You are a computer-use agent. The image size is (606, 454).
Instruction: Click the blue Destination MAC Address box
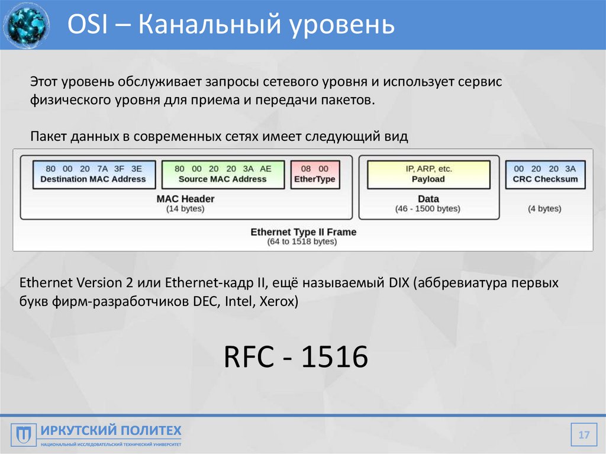click(x=93, y=174)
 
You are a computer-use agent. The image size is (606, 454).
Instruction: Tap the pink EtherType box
click(x=315, y=174)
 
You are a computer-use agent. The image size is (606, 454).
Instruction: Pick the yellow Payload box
click(x=428, y=174)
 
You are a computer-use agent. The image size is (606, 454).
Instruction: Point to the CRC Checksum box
click(x=545, y=174)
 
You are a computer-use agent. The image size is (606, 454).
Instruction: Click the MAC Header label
click(x=185, y=199)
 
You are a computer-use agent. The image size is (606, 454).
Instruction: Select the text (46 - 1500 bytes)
click(x=428, y=209)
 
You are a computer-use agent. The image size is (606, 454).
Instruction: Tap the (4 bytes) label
click(x=545, y=209)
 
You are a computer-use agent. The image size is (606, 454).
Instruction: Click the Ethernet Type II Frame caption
click(x=303, y=232)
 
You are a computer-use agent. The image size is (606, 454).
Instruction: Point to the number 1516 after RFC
click(x=335, y=358)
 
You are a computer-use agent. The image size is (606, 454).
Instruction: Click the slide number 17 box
click(x=584, y=436)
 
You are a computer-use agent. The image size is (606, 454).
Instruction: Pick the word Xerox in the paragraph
click(x=276, y=302)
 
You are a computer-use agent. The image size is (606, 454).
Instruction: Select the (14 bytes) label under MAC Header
click(x=185, y=209)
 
